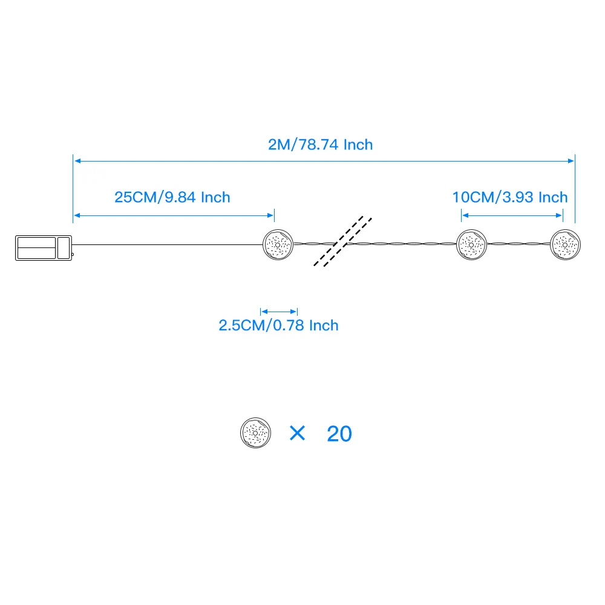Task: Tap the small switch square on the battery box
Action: (x=64, y=248)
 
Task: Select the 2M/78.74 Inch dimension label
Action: (x=321, y=145)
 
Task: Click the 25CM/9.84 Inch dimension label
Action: (x=172, y=197)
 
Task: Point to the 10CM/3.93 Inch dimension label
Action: (x=510, y=197)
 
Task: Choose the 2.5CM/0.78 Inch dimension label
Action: (x=278, y=325)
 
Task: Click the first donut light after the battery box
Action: (x=278, y=244)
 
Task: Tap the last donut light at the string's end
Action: (x=566, y=244)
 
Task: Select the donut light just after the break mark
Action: (x=471, y=244)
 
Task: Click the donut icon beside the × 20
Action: (x=255, y=433)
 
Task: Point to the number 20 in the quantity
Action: (x=339, y=434)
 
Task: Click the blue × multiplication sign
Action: (x=297, y=433)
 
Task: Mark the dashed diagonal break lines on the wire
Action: (x=343, y=241)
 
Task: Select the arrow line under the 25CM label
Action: (x=174, y=214)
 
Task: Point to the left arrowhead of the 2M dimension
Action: (x=77, y=161)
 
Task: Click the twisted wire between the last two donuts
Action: (x=518, y=244)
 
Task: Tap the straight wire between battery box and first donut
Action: (x=166, y=244)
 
